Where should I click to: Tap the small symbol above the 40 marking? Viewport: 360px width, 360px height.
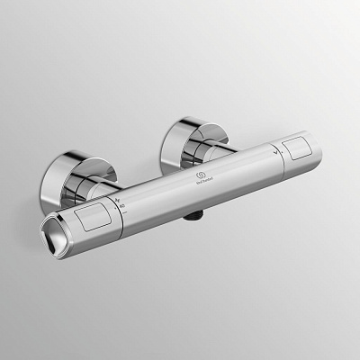click(x=118, y=198)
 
